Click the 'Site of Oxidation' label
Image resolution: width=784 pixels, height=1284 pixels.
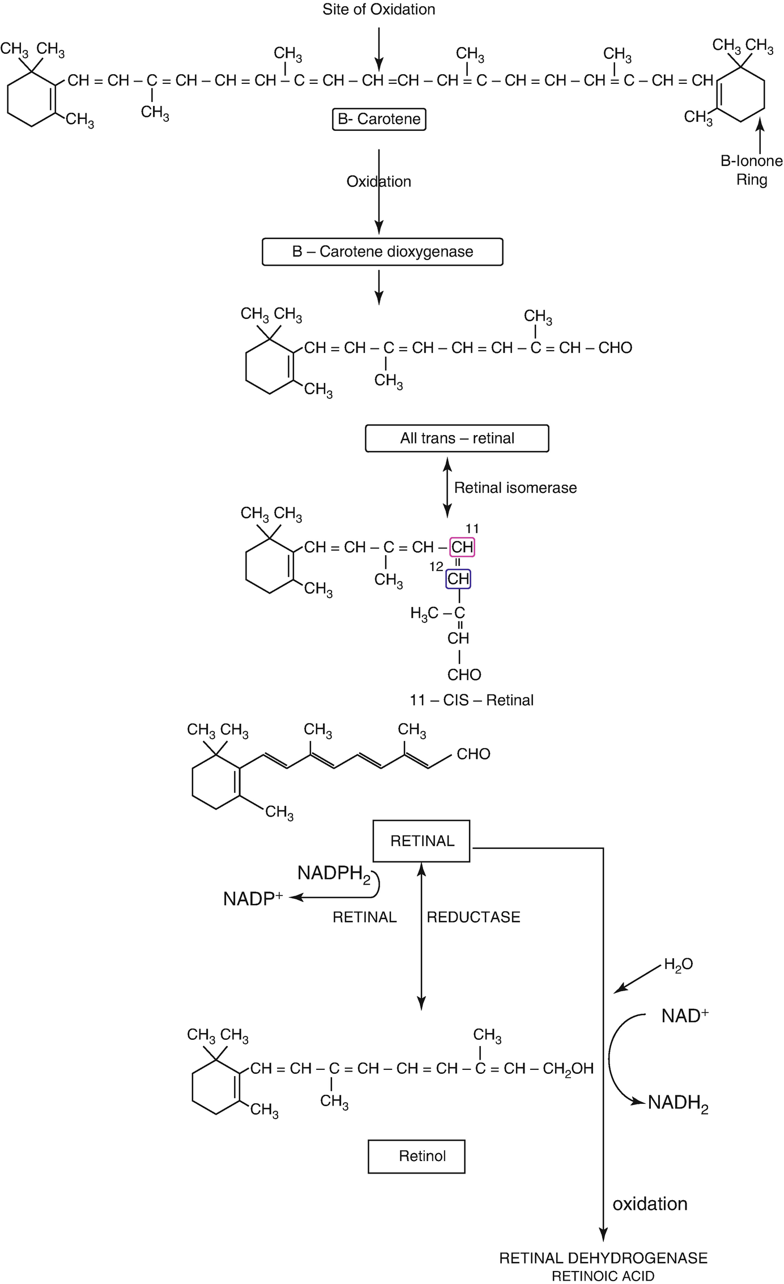pos(378,10)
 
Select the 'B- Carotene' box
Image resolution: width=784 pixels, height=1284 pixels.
pos(378,119)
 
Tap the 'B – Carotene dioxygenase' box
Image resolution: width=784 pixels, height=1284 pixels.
pos(382,251)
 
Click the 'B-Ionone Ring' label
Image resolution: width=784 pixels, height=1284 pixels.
pos(751,170)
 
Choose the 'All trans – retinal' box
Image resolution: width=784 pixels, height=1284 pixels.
pos(457,438)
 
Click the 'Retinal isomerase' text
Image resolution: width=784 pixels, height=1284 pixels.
pos(515,488)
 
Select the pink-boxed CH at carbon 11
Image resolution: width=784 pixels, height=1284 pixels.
pos(462,547)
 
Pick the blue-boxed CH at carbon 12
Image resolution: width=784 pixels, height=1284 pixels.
pos(458,579)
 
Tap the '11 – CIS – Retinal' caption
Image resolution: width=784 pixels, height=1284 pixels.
pos(471,700)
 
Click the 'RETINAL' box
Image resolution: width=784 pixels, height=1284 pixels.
pos(421,841)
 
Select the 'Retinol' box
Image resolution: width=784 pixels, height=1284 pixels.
pos(416,1156)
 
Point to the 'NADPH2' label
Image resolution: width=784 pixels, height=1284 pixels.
pos(334,873)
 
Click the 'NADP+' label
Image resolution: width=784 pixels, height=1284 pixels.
pos(253,899)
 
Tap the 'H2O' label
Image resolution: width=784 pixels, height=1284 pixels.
pos(678,965)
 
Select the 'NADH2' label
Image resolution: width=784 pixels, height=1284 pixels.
pos(678,1103)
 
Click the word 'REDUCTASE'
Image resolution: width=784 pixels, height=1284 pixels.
pos(473,918)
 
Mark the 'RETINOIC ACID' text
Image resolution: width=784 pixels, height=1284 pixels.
pos(603,1276)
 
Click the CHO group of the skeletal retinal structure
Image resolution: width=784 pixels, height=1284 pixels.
pos(473,754)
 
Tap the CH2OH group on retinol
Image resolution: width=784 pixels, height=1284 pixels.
pos(568,1068)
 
